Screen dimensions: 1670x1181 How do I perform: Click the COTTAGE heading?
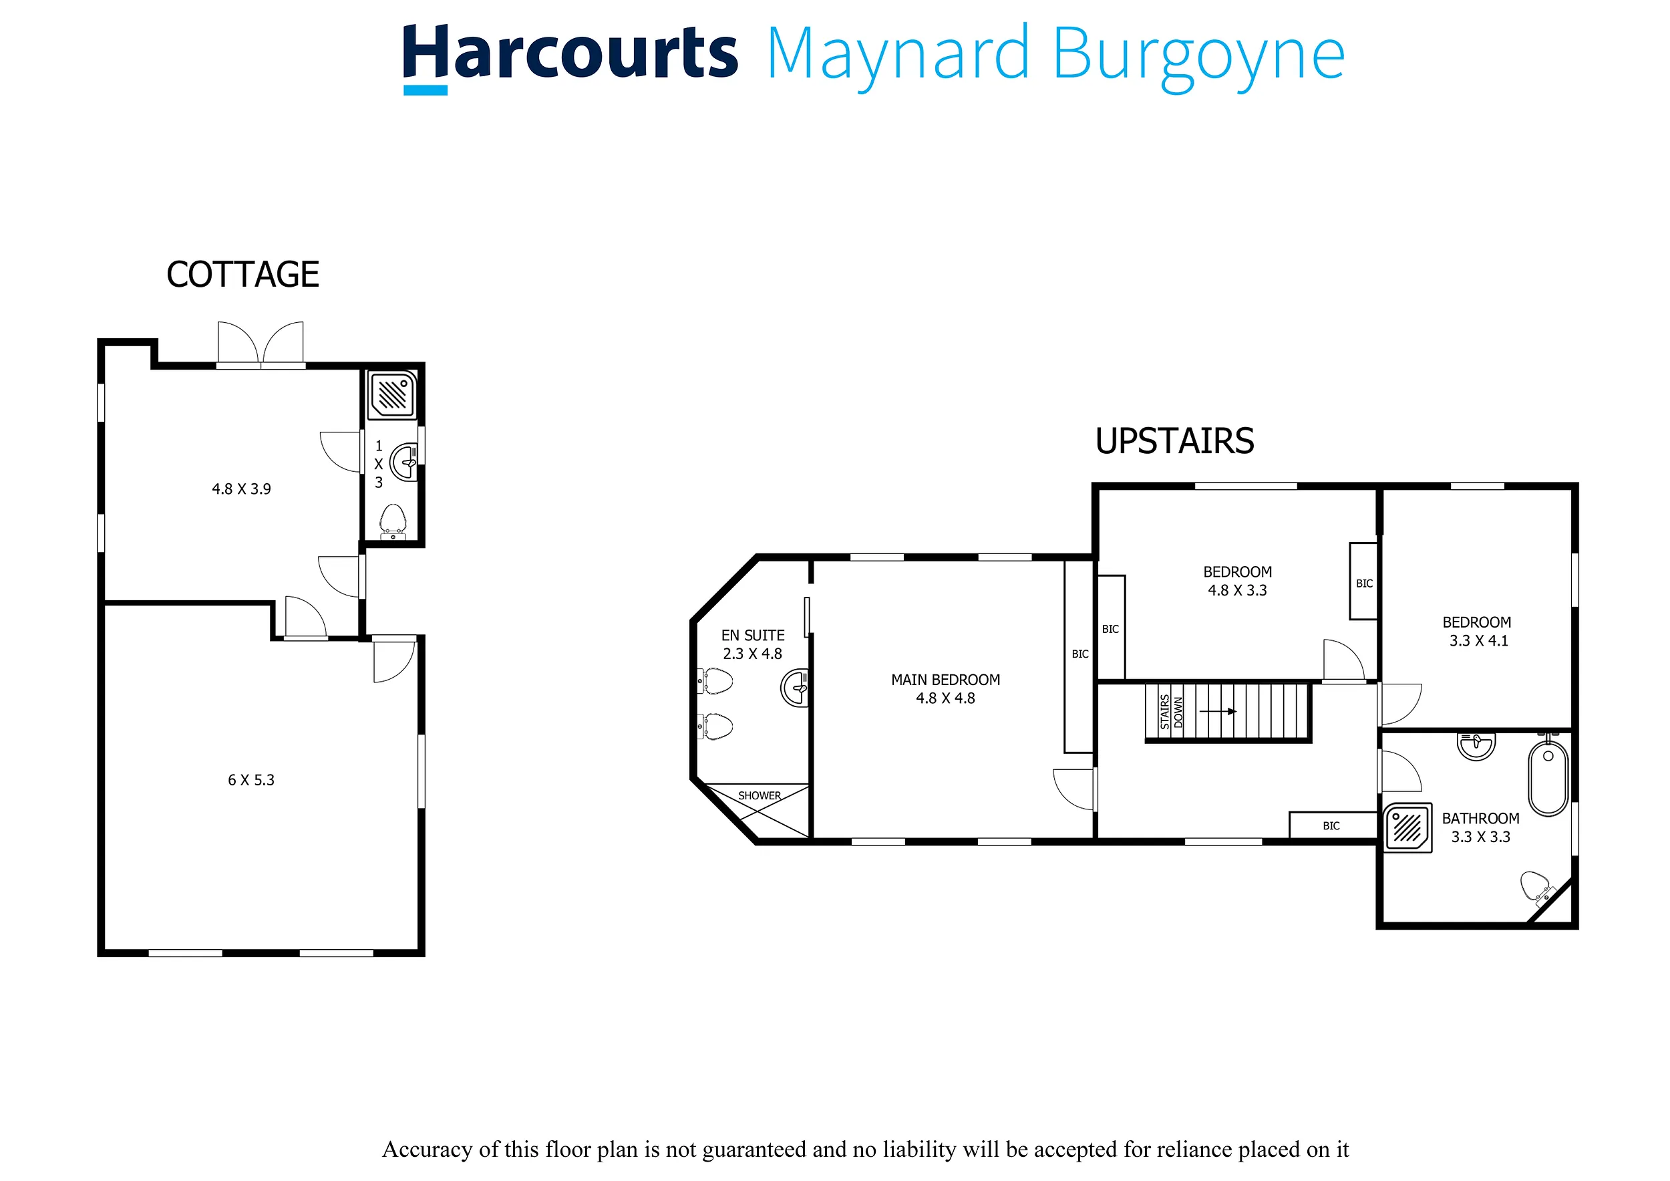(243, 274)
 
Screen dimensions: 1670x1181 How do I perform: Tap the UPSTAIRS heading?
(1174, 441)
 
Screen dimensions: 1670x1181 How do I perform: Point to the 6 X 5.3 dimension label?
(251, 780)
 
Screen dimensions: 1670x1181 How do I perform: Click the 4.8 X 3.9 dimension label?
(241, 489)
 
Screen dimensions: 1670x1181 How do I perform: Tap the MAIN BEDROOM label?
(946, 680)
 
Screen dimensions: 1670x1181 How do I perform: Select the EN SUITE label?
(753, 635)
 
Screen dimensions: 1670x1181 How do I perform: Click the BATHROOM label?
(1481, 819)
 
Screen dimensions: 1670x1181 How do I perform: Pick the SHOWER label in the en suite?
(760, 795)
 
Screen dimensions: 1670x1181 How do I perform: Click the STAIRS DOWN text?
(1172, 712)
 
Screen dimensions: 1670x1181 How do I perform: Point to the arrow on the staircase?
(1218, 711)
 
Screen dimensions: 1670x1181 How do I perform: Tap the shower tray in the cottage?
(392, 395)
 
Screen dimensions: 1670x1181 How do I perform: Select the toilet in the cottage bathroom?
(393, 522)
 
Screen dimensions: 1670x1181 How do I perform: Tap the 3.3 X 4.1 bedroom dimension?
(1479, 641)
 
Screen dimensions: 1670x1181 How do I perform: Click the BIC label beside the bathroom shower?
(1331, 826)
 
